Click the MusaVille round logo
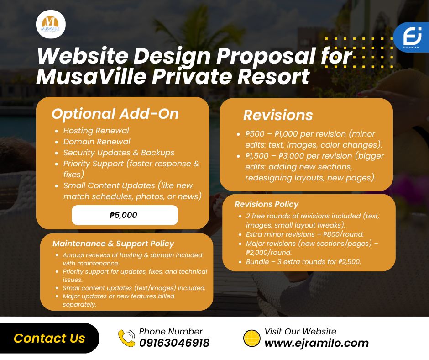(x=51, y=24)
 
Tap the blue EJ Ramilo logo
(x=411, y=37)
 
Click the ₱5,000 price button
(x=125, y=215)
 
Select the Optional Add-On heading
(x=115, y=114)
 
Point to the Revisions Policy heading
(x=267, y=204)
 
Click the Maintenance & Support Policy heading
(x=113, y=244)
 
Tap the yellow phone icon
(x=126, y=338)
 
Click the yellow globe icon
(x=252, y=339)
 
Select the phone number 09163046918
(x=174, y=343)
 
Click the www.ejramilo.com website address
(x=317, y=343)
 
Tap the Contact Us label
(x=49, y=338)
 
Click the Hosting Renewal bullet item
(x=96, y=131)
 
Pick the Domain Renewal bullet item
(x=97, y=142)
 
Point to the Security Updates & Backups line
(x=119, y=153)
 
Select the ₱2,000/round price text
(x=269, y=253)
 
